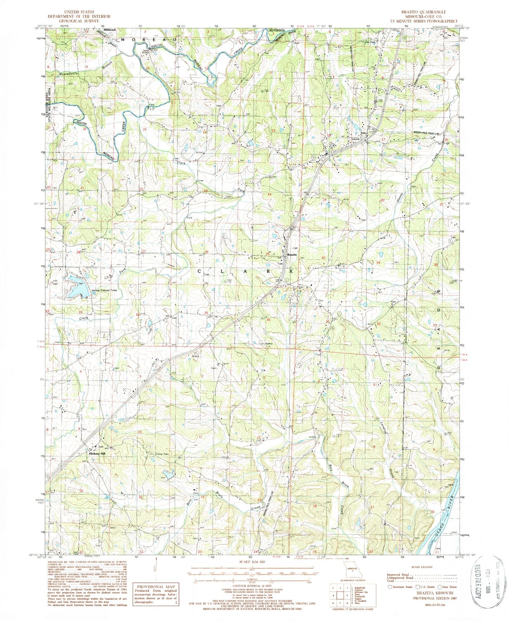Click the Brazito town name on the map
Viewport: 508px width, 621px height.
(292, 255)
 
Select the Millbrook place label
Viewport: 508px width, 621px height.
(109, 30)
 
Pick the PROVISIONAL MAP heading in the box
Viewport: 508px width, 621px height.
(155, 587)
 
